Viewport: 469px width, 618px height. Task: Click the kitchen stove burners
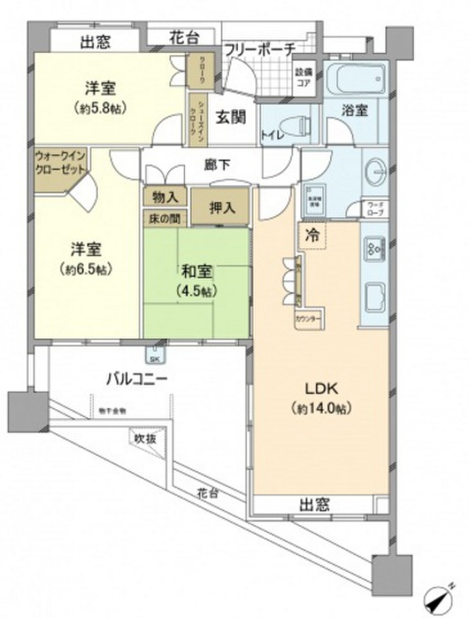tap(374, 247)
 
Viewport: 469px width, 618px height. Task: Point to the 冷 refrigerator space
tap(312, 234)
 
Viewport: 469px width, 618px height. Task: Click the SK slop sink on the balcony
tap(155, 356)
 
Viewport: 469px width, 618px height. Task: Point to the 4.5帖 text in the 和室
tap(194, 290)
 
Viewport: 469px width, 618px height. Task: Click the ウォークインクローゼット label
tap(62, 163)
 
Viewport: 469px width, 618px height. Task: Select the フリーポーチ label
tap(259, 48)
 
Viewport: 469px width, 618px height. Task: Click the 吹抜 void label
tap(146, 439)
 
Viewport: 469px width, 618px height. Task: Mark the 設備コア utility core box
tap(303, 76)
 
